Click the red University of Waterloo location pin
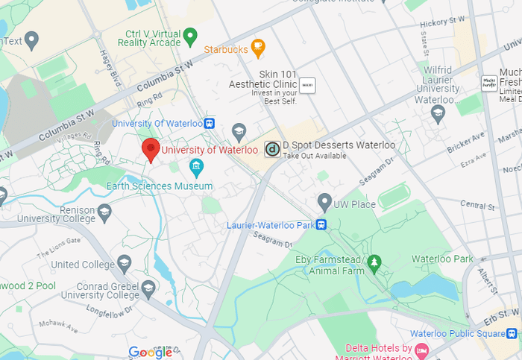tap(151, 149)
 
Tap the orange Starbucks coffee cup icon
tap(257, 48)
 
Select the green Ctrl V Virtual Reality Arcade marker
tap(190, 34)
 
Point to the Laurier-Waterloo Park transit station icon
tap(321, 224)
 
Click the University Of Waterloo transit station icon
tap(210, 123)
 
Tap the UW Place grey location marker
tap(324, 201)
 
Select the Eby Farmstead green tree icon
tap(374, 261)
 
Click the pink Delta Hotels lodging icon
tap(421, 350)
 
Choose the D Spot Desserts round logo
tap(273, 149)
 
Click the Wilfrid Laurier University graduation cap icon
tap(438, 113)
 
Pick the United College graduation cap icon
tap(124, 263)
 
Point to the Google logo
tap(150, 352)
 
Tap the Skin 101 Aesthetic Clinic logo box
tap(307, 86)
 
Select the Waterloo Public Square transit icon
tap(514, 333)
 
